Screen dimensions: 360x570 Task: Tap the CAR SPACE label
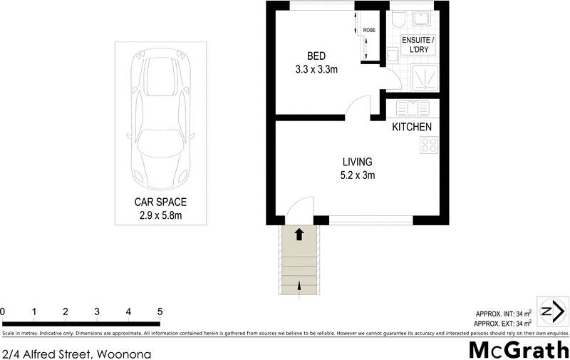point(160,202)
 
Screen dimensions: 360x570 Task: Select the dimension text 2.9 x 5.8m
point(160,215)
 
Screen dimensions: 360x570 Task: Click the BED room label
point(317,56)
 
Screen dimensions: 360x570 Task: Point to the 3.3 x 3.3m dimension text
point(317,69)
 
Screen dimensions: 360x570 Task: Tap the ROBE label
point(369,31)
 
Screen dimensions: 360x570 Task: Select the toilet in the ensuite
point(400,18)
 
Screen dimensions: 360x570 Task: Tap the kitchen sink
point(412,108)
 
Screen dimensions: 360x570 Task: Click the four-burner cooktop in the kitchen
point(429,145)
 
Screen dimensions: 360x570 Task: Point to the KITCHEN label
point(412,127)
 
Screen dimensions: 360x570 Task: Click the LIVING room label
point(356,162)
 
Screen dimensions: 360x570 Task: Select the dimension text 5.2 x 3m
point(356,175)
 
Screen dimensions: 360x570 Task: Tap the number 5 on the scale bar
point(160,312)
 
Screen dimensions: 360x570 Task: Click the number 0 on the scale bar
point(4,312)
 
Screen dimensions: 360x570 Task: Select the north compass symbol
point(552,312)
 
